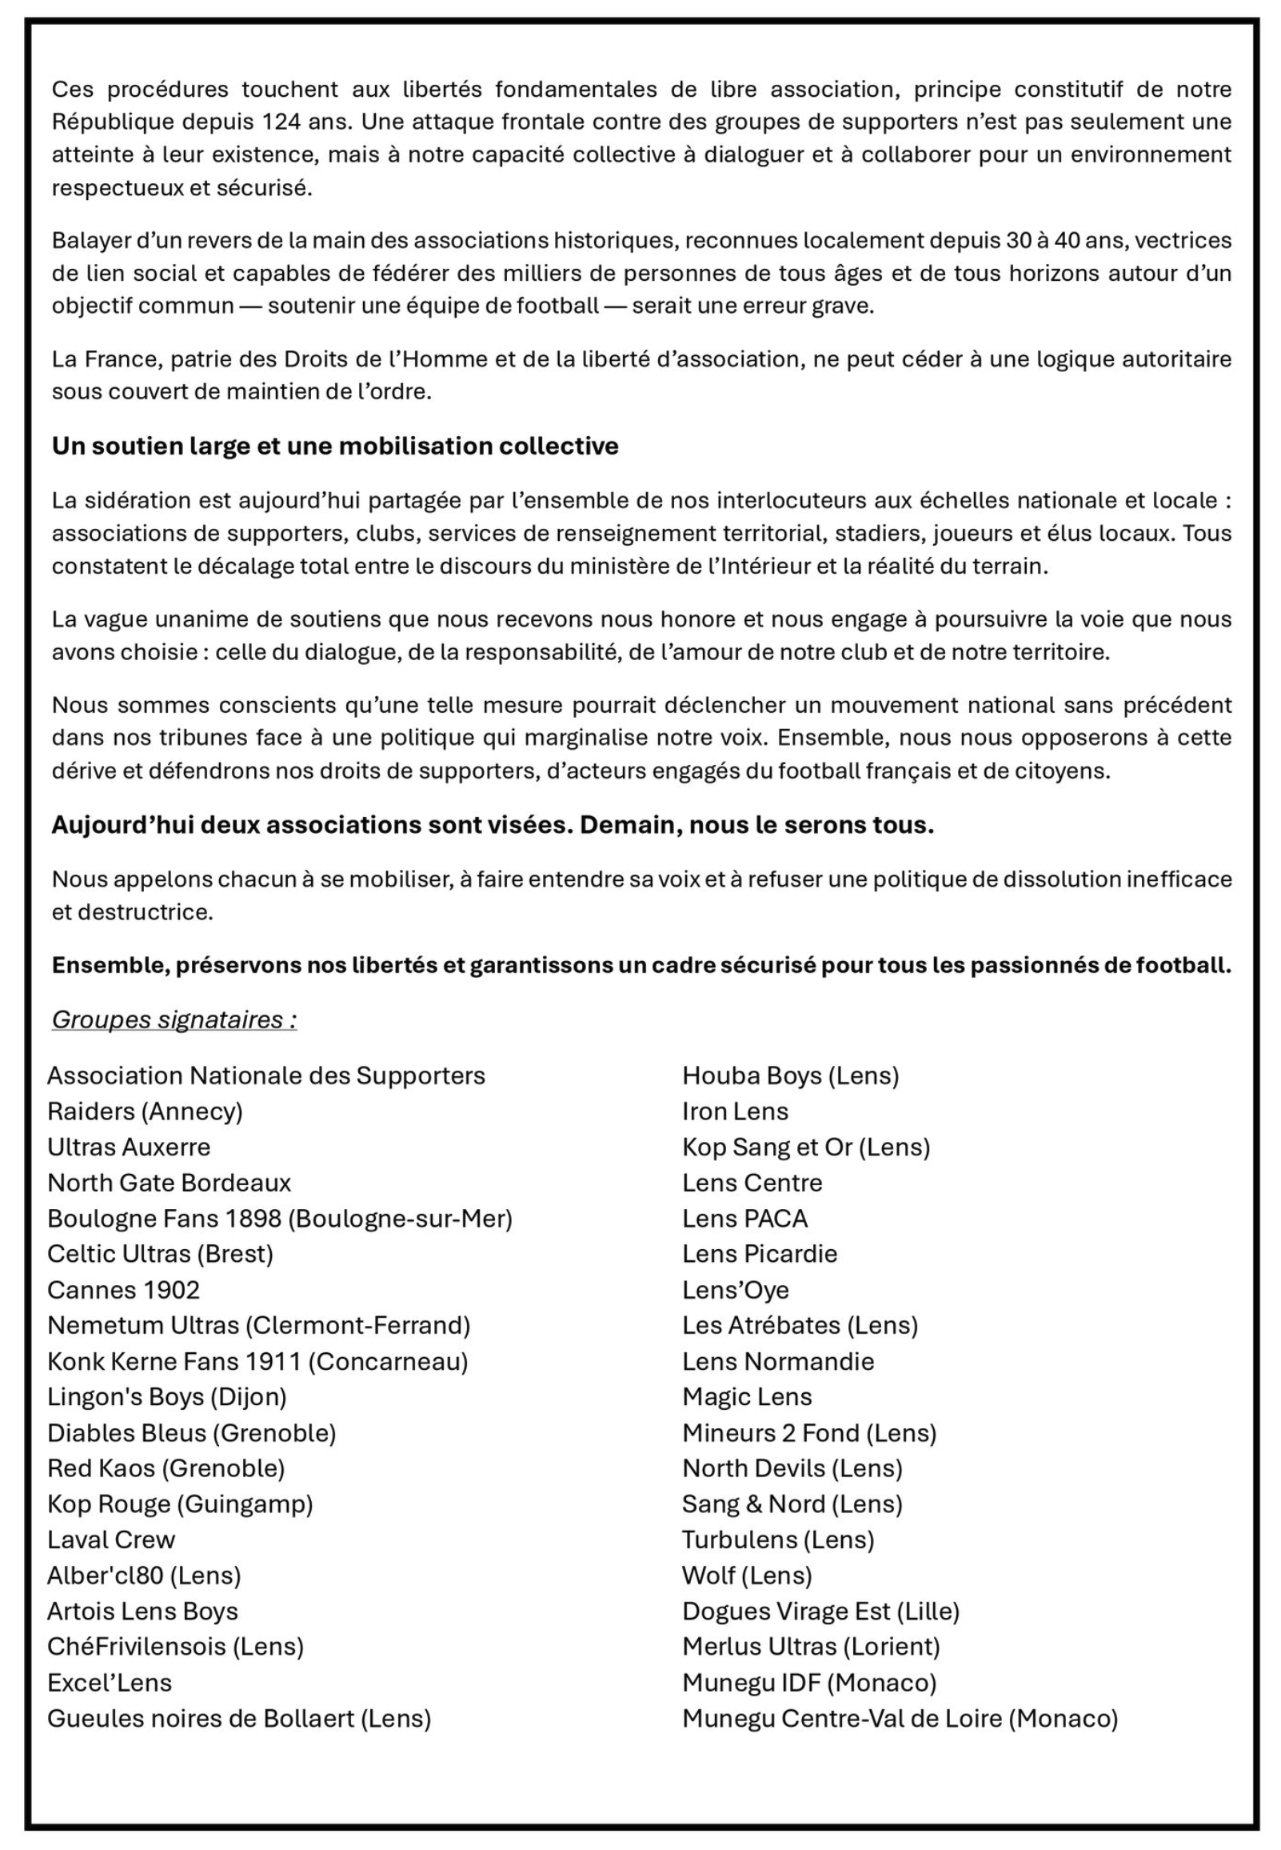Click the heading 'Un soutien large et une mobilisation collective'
335,446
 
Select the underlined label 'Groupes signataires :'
174,1019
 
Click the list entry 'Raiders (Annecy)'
145,1111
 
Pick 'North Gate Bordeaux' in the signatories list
169,1183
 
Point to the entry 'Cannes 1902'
123,1290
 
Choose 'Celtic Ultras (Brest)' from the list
160,1254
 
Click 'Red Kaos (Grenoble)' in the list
166,1468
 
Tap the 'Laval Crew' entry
111,1540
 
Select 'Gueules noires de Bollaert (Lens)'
238,1718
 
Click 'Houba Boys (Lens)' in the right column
790,1075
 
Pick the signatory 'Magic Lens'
746,1397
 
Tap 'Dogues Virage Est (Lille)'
820,1612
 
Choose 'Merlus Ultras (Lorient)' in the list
811,1647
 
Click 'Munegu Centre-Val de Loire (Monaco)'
899,1718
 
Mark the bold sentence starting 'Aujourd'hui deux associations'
492,825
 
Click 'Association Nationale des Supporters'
265,1075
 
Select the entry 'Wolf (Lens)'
746,1576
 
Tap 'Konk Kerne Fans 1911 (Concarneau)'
257,1361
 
